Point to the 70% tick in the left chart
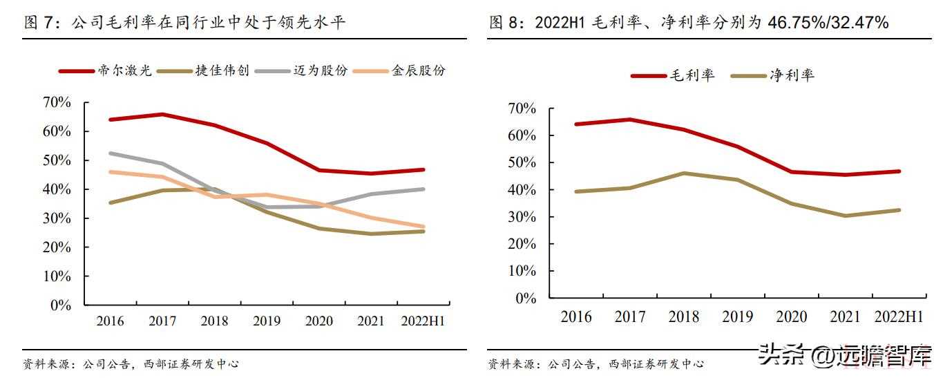57,102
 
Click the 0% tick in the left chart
61,305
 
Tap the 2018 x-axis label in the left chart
214,321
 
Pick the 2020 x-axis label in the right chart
792,317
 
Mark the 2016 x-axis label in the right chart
576,317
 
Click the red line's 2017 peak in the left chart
162,114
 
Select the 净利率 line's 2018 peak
684,173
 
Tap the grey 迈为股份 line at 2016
111,153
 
